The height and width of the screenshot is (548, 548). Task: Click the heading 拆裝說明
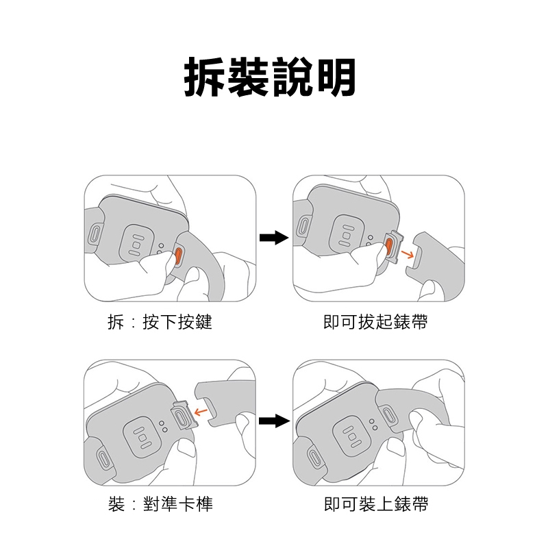270,77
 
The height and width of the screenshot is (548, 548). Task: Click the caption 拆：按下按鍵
160,322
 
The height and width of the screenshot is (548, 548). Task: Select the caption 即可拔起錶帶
375,322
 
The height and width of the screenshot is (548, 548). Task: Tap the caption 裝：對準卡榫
160,504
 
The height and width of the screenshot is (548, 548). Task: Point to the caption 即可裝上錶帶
376,504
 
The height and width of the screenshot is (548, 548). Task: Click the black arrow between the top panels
274,238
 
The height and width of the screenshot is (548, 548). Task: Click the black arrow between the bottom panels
275,421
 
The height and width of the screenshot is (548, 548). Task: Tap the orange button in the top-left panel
178,255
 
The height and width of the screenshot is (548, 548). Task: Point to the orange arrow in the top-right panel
407,253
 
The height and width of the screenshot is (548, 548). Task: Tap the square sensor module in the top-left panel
136,245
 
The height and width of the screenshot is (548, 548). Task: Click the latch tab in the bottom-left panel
184,416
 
